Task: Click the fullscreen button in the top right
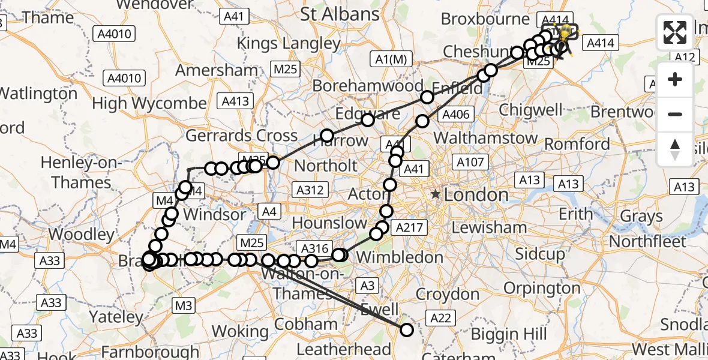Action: pos(675,32)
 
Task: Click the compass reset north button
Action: pos(675,149)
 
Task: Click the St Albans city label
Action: pos(340,14)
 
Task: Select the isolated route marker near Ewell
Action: pos(407,329)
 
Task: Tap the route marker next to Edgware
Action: pos(367,120)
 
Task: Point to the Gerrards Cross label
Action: pos(242,136)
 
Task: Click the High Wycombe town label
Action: pos(149,103)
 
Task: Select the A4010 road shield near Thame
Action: pos(114,34)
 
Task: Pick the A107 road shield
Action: pos(469,162)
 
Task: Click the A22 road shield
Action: pos(439,318)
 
